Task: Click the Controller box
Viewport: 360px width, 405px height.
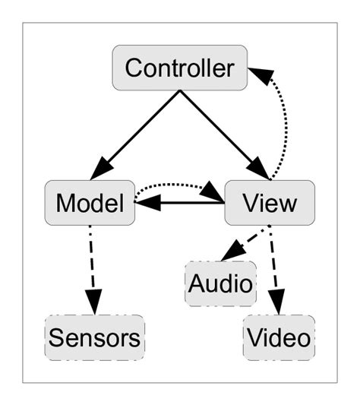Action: tap(179, 68)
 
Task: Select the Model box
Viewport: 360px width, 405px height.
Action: tap(90, 203)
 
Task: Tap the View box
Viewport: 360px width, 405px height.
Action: tap(269, 203)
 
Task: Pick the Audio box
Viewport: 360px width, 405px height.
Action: tap(220, 284)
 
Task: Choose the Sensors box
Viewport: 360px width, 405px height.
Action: tap(95, 337)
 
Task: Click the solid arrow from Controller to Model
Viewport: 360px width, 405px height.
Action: tap(141, 130)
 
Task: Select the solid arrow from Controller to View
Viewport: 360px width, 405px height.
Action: tap(218, 130)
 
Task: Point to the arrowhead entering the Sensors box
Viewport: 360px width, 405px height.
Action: tap(93, 304)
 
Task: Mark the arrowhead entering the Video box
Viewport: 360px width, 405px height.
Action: tap(278, 304)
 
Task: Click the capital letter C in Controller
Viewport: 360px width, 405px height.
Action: tap(134, 68)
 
